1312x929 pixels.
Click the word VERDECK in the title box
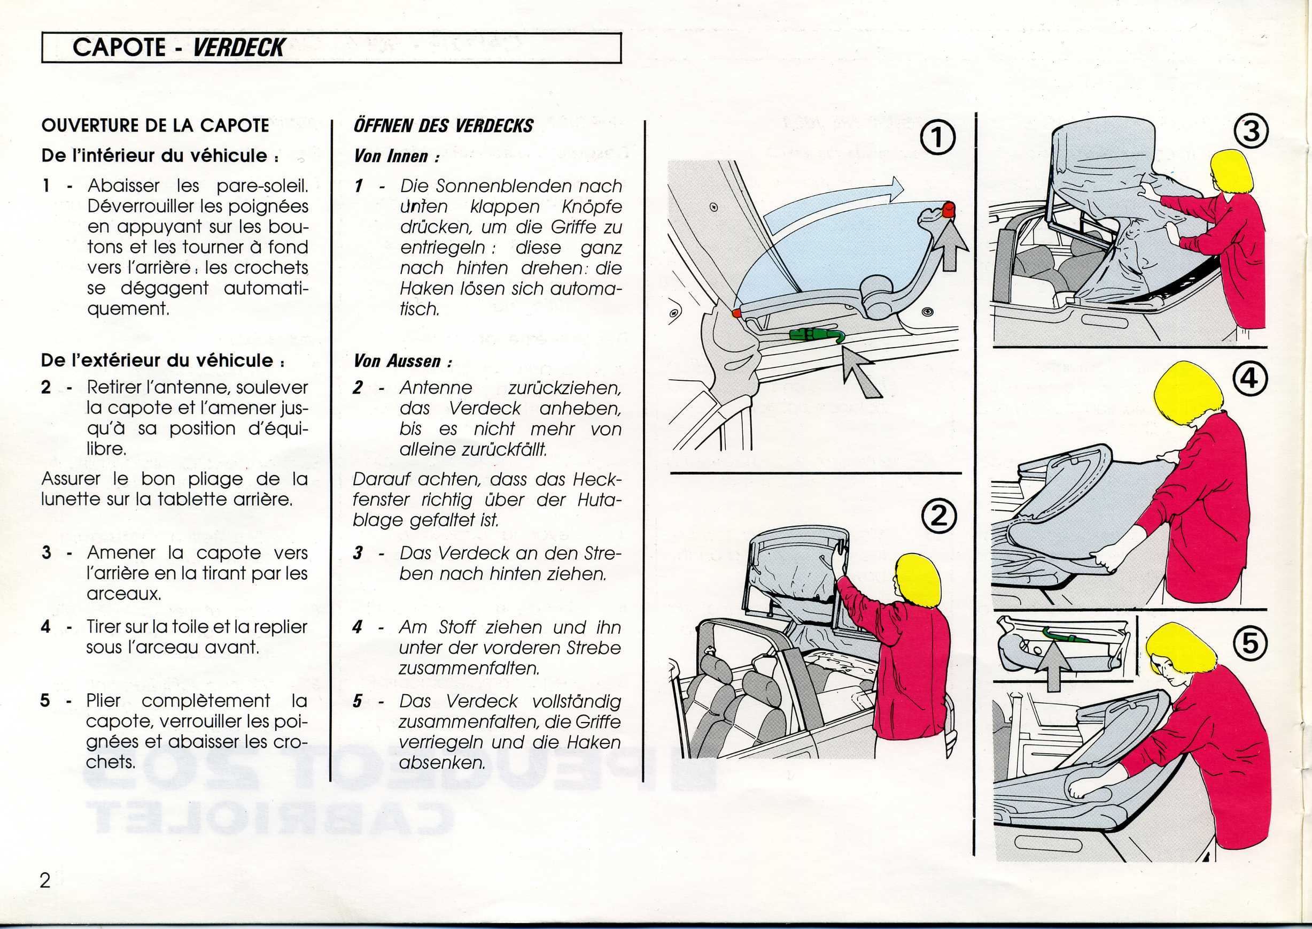click(238, 48)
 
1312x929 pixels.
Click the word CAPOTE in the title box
click(119, 48)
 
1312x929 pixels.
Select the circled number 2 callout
click(938, 517)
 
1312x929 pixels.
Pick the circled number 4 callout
click(1250, 379)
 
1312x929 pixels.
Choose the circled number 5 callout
click(1250, 643)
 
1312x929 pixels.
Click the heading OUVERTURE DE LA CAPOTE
click(155, 126)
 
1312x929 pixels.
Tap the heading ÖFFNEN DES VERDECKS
click(443, 126)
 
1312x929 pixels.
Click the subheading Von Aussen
click(402, 361)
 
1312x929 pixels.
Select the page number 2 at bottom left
click(46, 880)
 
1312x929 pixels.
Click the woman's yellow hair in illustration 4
click(1186, 395)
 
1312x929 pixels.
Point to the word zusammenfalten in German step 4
click(469, 668)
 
